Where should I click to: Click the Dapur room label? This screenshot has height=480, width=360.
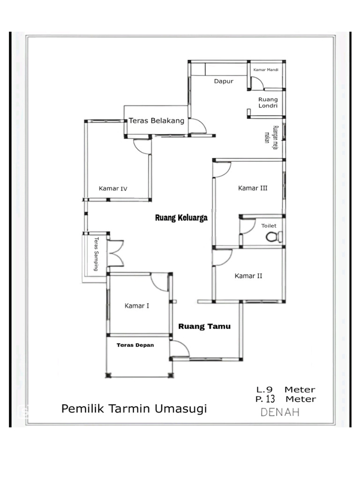pyautogui.click(x=224, y=81)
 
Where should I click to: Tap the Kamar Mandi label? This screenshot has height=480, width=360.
pyautogui.click(x=266, y=70)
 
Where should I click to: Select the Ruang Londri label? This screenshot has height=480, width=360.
pyautogui.click(x=268, y=103)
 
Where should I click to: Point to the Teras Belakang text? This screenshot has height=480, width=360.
pyautogui.click(x=157, y=120)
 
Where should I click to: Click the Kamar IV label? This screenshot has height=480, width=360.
pyautogui.click(x=113, y=189)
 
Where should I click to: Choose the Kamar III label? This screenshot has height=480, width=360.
pyautogui.click(x=253, y=188)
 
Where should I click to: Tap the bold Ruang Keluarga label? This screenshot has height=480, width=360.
pyautogui.click(x=181, y=218)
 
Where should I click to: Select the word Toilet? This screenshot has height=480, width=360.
pyautogui.click(x=269, y=226)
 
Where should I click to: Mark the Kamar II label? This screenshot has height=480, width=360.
pyautogui.click(x=248, y=276)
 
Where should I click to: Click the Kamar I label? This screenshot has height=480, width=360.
pyautogui.click(x=137, y=306)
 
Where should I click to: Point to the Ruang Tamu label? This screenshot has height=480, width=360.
pyautogui.click(x=204, y=327)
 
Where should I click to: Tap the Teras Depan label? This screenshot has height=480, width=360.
pyautogui.click(x=135, y=345)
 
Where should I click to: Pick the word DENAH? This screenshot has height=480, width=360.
pyautogui.click(x=280, y=412)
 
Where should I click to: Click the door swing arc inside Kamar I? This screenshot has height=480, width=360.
pyautogui.click(x=159, y=282)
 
